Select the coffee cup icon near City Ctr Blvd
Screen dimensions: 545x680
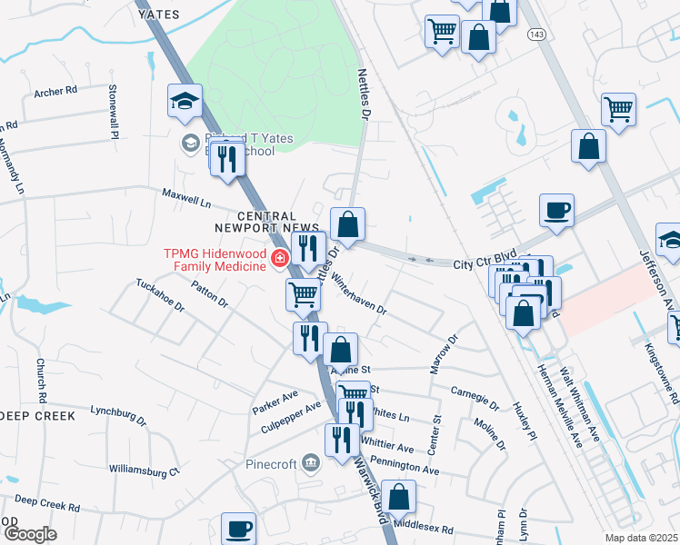[556, 211]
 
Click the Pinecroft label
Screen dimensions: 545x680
[272, 463]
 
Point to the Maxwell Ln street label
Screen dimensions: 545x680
[186, 195]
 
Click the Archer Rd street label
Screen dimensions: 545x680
[55, 92]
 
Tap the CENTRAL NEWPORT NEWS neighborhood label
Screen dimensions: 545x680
[280, 223]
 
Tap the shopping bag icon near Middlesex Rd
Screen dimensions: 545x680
[398, 497]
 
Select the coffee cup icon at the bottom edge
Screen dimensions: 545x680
[240, 528]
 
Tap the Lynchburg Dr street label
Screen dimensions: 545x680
[118, 415]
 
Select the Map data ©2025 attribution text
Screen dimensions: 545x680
[642, 538]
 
